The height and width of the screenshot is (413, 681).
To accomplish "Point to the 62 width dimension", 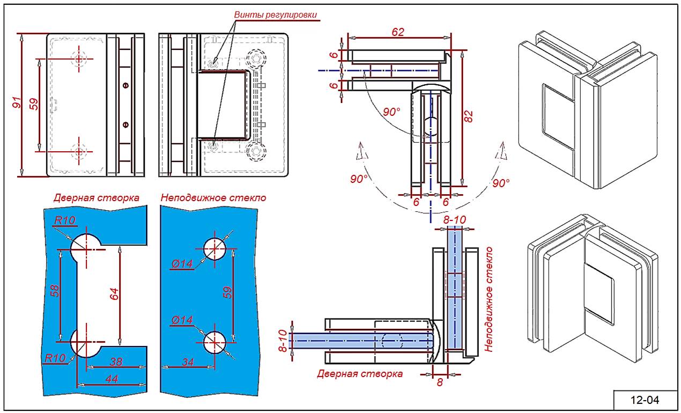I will [397, 32].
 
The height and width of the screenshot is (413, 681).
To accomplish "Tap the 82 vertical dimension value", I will [468, 117].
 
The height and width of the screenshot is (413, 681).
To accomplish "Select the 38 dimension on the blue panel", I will [115, 362].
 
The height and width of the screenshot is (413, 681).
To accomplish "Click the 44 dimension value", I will [112, 379].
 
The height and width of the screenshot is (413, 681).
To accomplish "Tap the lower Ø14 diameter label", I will [182, 320].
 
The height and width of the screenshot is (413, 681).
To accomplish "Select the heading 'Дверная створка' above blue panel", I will [97, 198].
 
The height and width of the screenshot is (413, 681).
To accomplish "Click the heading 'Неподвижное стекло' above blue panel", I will [213, 198].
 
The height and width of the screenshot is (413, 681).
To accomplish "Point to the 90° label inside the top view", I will [391, 112].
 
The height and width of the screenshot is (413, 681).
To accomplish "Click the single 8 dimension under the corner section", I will [439, 382].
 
